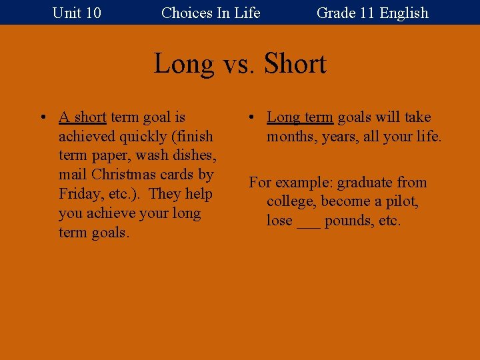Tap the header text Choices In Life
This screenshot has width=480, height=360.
[211, 13]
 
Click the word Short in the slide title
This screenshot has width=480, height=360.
[295, 64]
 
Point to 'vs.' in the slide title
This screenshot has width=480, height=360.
[238, 64]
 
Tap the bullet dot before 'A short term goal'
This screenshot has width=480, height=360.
[42, 118]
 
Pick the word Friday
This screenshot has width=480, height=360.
[79, 194]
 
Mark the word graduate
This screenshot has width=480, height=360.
[366, 183]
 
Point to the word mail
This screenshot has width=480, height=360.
[73, 175]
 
